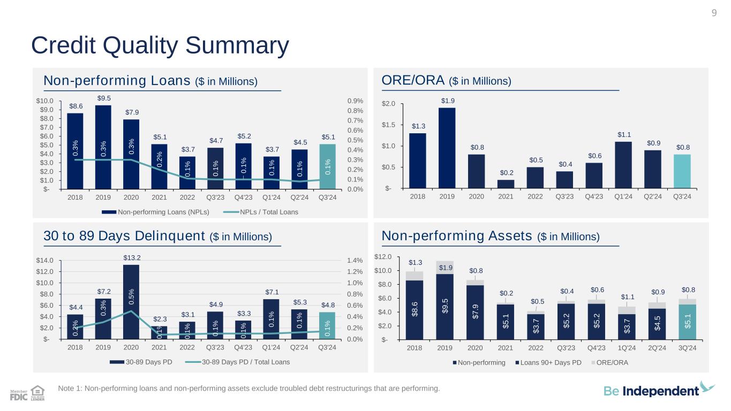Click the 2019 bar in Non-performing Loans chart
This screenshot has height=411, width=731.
[x=103, y=147]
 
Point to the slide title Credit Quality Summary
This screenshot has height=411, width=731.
[x=160, y=46]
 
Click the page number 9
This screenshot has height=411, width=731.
[x=714, y=12]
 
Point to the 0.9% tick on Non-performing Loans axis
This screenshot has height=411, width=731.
[x=356, y=101]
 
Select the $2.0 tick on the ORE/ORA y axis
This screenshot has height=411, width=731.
[x=389, y=103]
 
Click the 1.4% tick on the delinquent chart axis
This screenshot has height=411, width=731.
[x=356, y=261]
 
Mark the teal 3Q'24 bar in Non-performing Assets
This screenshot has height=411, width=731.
[x=688, y=322]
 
